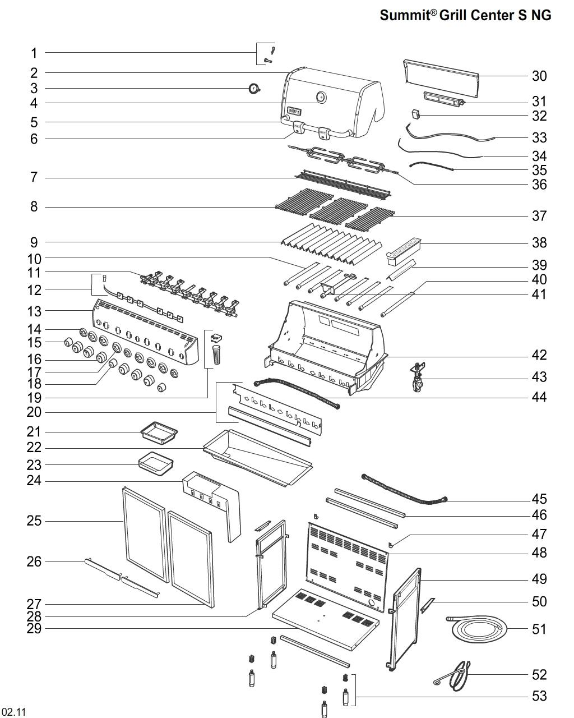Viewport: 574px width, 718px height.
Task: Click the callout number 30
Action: [539, 76]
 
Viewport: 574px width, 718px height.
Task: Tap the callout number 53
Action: [539, 696]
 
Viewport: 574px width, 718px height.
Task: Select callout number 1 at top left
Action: [34, 53]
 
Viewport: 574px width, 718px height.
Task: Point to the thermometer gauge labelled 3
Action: [254, 89]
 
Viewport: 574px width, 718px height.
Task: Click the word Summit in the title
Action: [404, 15]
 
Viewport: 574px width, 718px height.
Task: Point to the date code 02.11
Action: [13, 712]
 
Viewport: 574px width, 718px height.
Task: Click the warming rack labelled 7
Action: [342, 184]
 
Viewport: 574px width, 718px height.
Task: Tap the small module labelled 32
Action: [415, 114]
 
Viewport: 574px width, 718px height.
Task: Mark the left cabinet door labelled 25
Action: [145, 533]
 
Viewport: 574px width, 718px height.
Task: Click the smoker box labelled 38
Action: [404, 250]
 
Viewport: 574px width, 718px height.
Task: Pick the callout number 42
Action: [539, 355]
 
